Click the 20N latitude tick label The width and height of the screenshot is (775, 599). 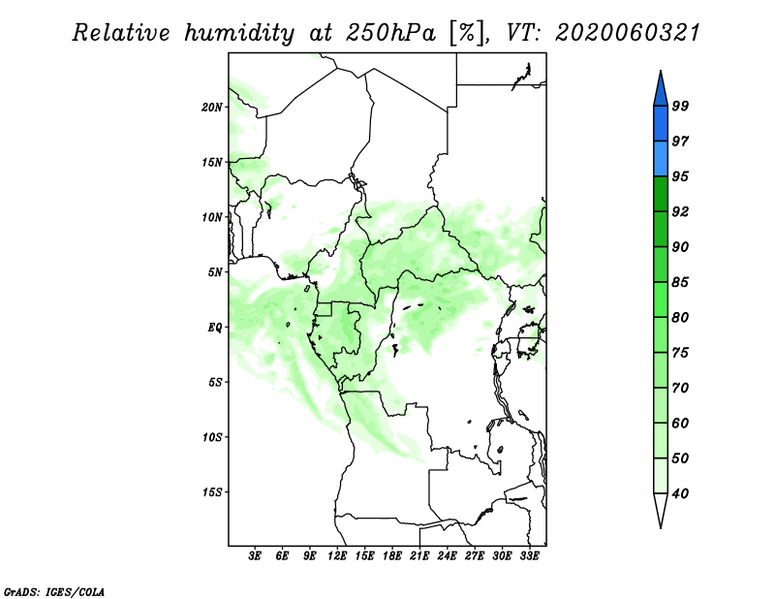tap(212, 108)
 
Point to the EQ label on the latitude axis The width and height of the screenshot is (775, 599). tap(215, 328)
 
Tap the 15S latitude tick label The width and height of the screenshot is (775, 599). tap(212, 492)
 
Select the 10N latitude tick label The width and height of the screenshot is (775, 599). tap(212, 217)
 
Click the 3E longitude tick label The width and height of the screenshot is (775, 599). tap(255, 556)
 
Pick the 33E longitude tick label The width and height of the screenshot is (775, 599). tap(529, 556)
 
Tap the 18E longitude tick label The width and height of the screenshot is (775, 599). tap(392, 556)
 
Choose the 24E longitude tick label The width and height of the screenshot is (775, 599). tap(447, 556)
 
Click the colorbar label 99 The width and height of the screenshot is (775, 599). tap(680, 106)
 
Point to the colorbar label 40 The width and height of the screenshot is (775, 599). tap(680, 493)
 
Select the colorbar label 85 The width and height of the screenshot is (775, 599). tap(680, 282)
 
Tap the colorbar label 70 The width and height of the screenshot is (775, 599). tap(680, 388)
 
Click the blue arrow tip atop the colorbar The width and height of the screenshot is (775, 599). tap(661, 71)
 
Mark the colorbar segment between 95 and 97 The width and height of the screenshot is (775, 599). tap(661, 159)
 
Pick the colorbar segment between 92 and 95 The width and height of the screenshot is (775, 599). tap(661, 194)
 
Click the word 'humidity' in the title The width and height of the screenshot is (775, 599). tap(240, 34)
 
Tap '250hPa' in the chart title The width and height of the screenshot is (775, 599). tap(390, 33)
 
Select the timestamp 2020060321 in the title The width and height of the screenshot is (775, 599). tap(628, 33)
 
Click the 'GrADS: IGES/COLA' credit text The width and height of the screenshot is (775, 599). tap(54, 591)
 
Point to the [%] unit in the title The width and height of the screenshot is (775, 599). tap(467, 33)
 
